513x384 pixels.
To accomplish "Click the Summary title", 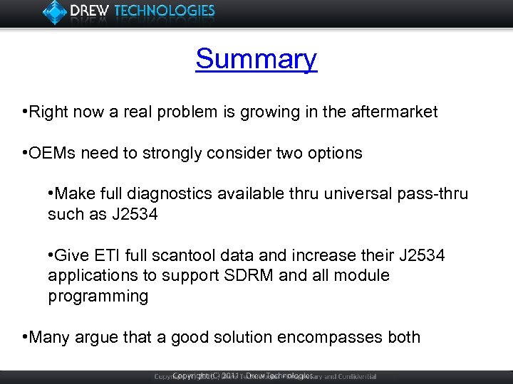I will click(x=256, y=59).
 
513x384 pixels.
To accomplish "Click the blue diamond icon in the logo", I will click(x=56, y=11).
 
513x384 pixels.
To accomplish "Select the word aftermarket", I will click(x=395, y=112).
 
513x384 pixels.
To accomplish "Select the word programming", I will click(x=98, y=296).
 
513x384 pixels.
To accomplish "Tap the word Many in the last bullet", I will click(x=48, y=337).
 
